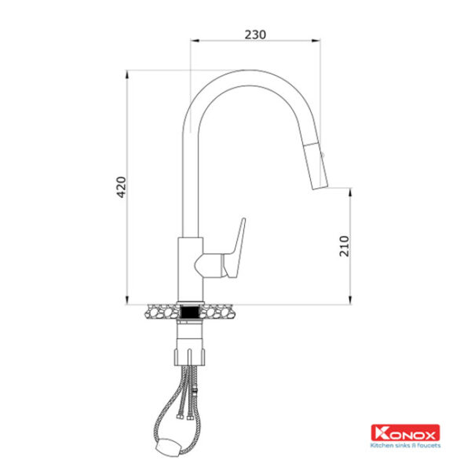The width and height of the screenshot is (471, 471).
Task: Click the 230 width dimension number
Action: tap(255, 35)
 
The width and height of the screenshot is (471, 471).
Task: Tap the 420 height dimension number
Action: tap(122, 187)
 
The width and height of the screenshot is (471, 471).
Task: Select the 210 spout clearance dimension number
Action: tap(345, 246)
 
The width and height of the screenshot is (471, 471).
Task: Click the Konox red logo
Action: tap(405, 433)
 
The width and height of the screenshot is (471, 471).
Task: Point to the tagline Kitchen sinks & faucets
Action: tap(405, 445)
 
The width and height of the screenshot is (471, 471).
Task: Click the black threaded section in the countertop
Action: tap(191, 312)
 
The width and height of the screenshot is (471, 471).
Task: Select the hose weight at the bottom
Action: tap(168, 448)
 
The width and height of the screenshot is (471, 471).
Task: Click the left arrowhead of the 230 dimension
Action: tap(195, 41)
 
